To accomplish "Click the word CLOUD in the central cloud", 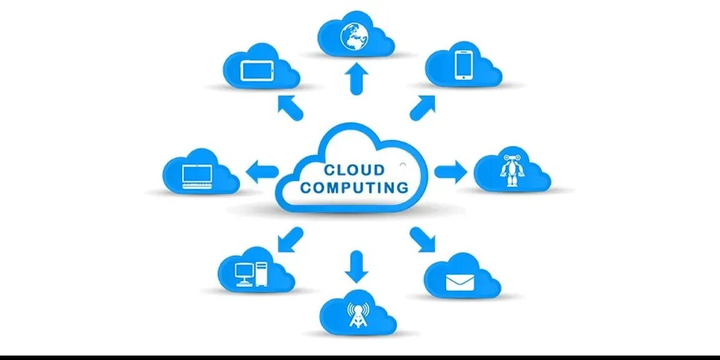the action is tap(354, 170).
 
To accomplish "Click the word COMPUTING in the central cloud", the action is tap(354, 187).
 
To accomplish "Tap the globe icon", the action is tap(354, 36).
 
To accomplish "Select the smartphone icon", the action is tap(463, 65).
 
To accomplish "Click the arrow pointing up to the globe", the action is tap(356, 79).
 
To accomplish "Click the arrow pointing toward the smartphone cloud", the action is tap(422, 107).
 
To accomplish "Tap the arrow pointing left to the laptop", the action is tap(263, 171).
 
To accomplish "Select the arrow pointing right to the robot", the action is tap(450, 171).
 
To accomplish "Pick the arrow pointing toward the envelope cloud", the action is tap(423, 239).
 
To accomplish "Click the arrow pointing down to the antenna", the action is tap(356, 265).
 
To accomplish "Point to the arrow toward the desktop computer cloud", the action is tap(289, 239).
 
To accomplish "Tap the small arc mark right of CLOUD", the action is tap(403, 166).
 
